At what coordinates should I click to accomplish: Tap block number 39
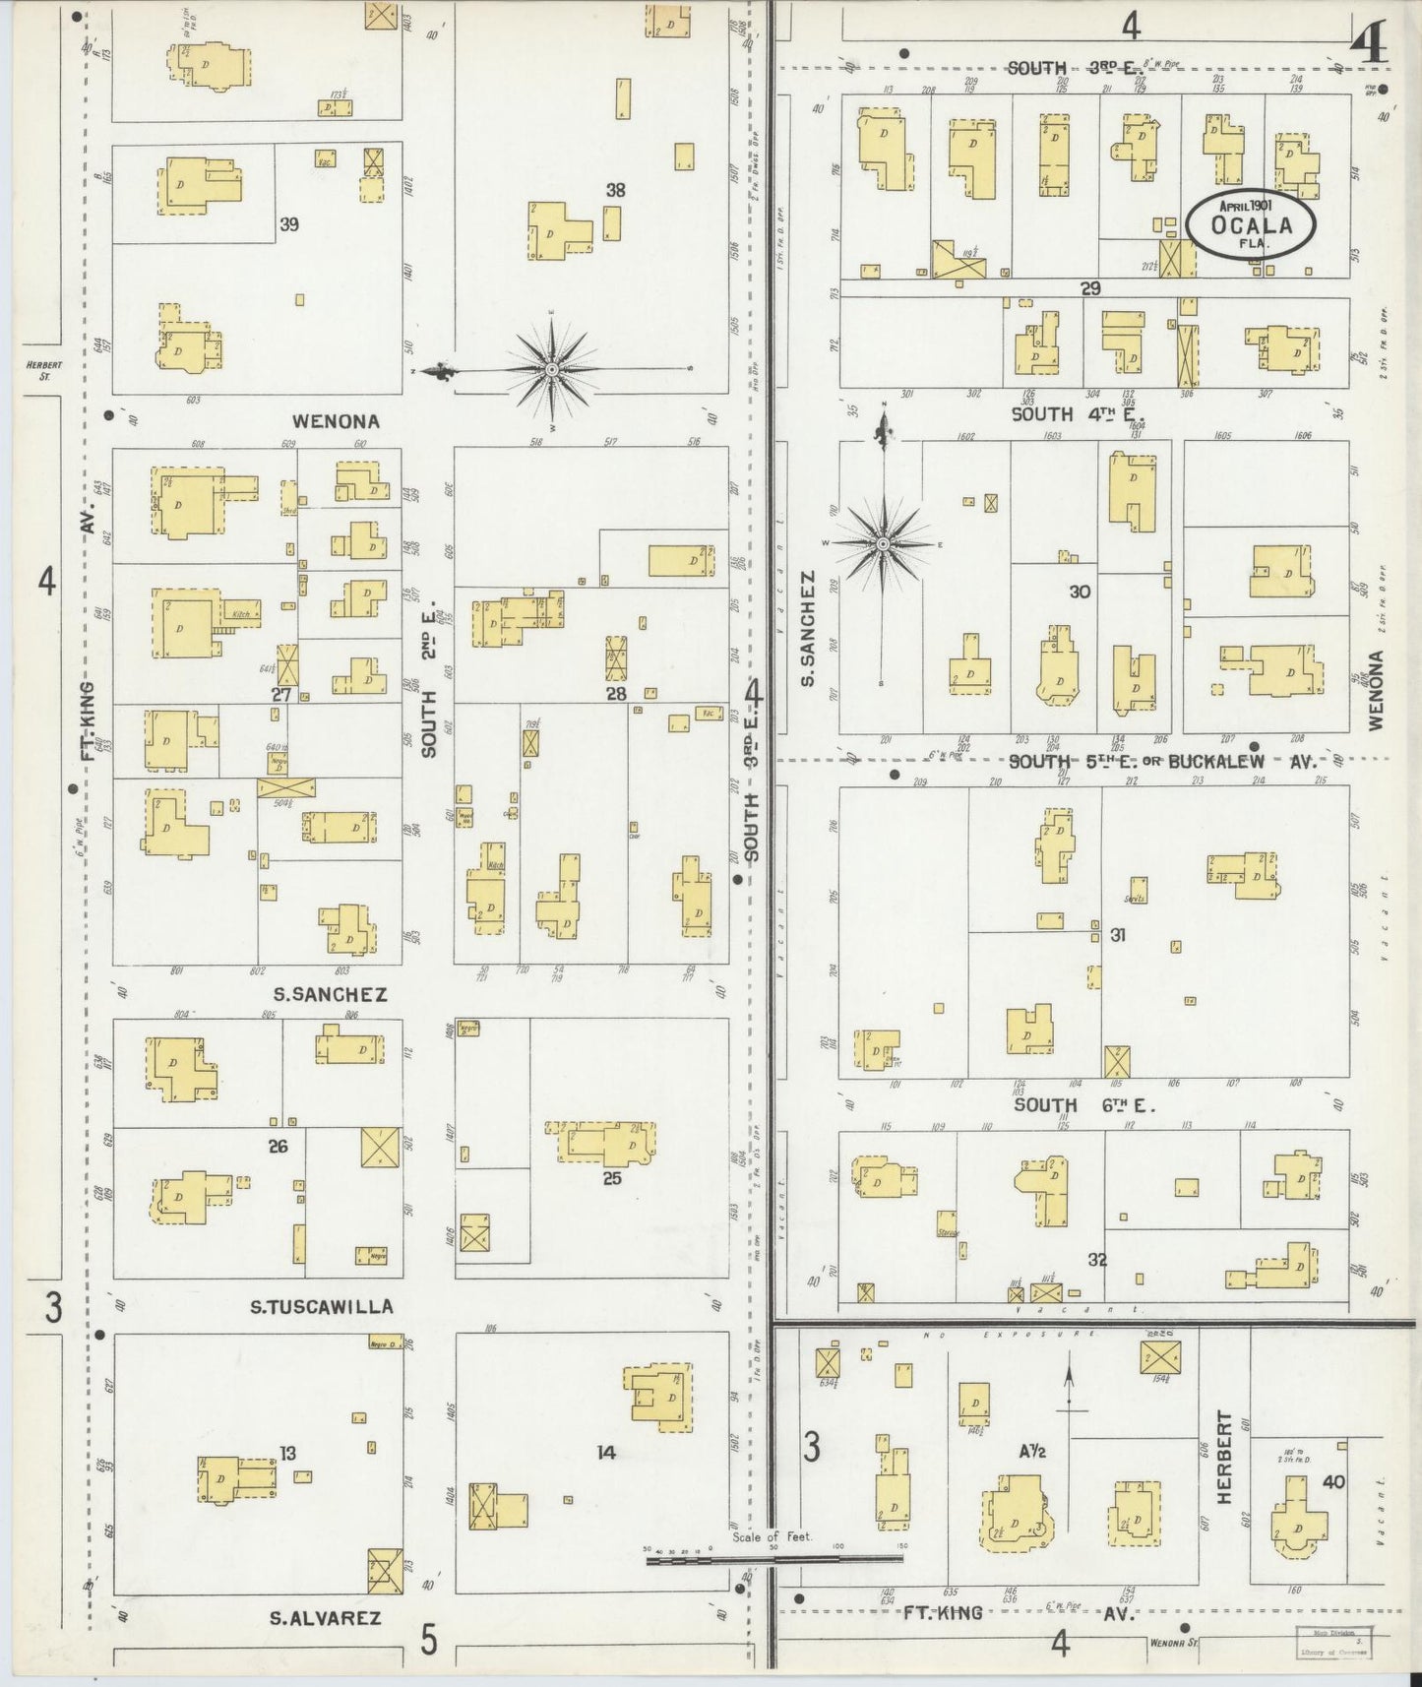pyautogui.click(x=288, y=224)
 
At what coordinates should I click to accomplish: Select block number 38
pyautogui.click(x=615, y=190)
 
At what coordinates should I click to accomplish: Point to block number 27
pyautogui.click(x=281, y=694)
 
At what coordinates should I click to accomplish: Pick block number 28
pyautogui.click(x=616, y=694)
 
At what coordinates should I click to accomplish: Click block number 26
pyautogui.click(x=278, y=1146)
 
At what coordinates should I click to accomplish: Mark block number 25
pyautogui.click(x=612, y=1177)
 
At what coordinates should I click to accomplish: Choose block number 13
pyautogui.click(x=287, y=1453)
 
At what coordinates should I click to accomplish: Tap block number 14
pyautogui.click(x=606, y=1452)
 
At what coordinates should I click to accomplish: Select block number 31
pyautogui.click(x=1118, y=935)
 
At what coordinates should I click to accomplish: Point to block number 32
pyautogui.click(x=1097, y=1259)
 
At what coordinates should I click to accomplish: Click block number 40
pyautogui.click(x=1333, y=1481)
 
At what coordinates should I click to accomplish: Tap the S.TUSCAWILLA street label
pyautogui.click(x=321, y=1307)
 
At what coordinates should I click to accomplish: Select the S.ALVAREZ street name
pyautogui.click(x=325, y=1618)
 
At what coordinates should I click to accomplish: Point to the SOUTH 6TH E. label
pyautogui.click(x=1084, y=1105)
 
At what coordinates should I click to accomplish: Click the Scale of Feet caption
pyautogui.click(x=772, y=1536)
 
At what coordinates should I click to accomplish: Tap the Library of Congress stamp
pyautogui.click(x=1333, y=1644)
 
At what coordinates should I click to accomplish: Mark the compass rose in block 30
pyautogui.click(x=883, y=543)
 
